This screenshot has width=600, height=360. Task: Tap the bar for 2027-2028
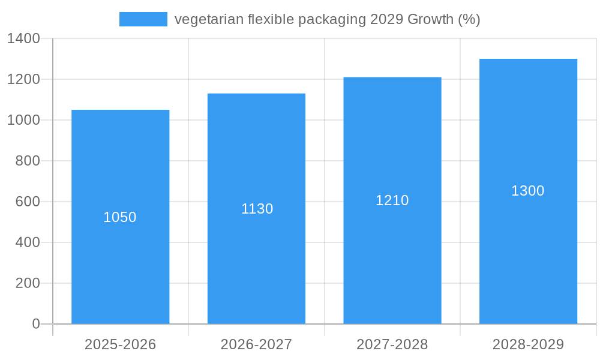[x=392, y=258]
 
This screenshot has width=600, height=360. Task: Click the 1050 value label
[x=120, y=217]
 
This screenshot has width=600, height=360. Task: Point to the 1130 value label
[x=257, y=209]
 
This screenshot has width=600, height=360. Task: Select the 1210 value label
[x=392, y=200]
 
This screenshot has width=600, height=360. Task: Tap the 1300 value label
[x=528, y=191]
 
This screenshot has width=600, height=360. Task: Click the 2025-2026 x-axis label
[x=120, y=344]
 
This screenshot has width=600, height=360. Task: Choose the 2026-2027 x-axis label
[x=256, y=344]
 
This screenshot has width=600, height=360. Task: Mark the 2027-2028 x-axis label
[x=392, y=344]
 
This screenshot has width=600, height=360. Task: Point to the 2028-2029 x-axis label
[x=528, y=344]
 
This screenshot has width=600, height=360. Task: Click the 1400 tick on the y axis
[x=23, y=38]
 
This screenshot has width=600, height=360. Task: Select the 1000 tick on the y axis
[x=23, y=120]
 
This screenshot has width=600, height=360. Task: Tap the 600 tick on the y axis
[x=28, y=202]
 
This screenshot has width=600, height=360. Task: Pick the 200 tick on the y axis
[x=28, y=283]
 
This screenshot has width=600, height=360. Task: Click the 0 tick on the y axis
[x=35, y=324]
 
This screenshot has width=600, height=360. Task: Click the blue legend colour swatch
[x=143, y=19]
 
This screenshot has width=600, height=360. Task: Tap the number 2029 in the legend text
[x=386, y=19]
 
